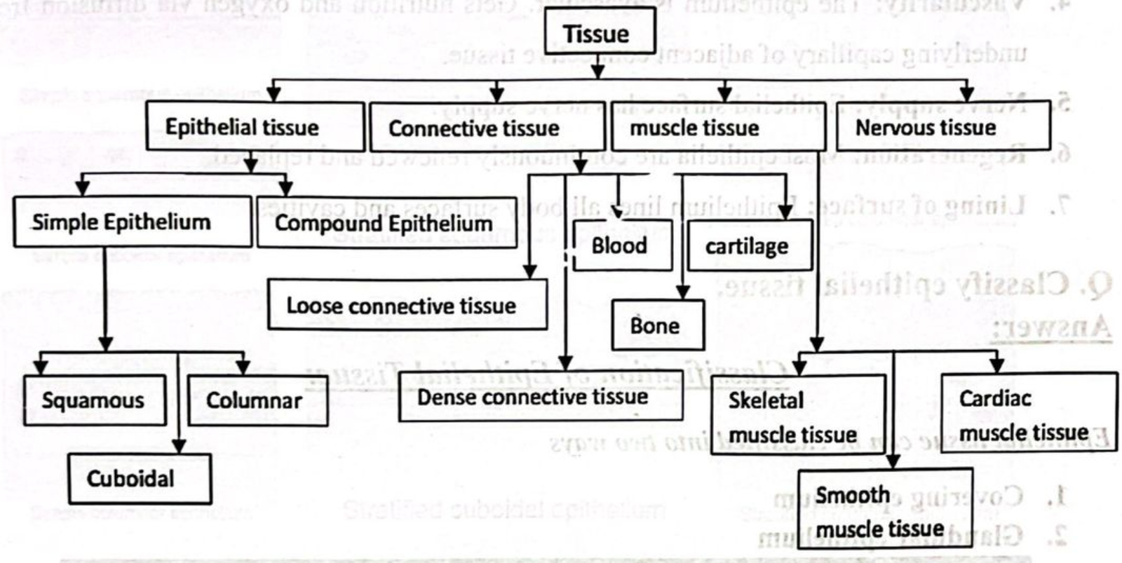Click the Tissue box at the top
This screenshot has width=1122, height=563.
[x=600, y=34]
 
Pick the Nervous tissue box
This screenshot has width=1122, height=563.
[x=942, y=127]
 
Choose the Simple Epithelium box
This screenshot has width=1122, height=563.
[x=132, y=222]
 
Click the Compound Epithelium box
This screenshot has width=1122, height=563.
[x=386, y=223]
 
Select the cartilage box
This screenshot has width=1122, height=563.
[x=750, y=246]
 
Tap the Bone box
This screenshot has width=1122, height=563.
[x=657, y=325]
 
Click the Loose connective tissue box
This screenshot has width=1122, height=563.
[x=407, y=305]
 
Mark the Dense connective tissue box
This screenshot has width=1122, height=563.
[x=540, y=397]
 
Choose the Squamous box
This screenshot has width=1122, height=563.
[x=95, y=400]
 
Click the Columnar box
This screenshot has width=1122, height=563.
[x=257, y=400]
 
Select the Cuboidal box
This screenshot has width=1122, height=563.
[x=140, y=479]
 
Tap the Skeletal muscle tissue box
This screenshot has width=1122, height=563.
[x=797, y=416]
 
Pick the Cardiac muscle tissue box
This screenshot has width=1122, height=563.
[x=1027, y=414]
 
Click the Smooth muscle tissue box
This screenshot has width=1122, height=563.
[x=884, y=512]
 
